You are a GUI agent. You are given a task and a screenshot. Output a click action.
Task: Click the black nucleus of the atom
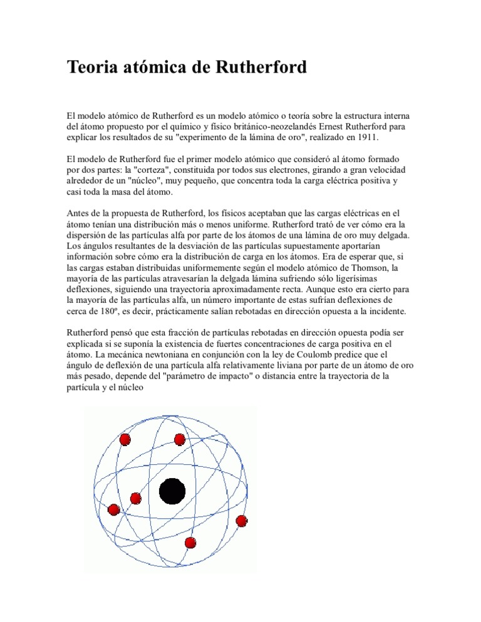[172, 491]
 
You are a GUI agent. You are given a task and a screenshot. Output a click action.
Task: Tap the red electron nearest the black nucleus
[136, 499]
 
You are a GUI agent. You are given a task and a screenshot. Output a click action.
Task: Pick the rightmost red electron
[242, 521]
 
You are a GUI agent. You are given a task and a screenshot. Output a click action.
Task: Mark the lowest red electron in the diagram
[190, 543]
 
